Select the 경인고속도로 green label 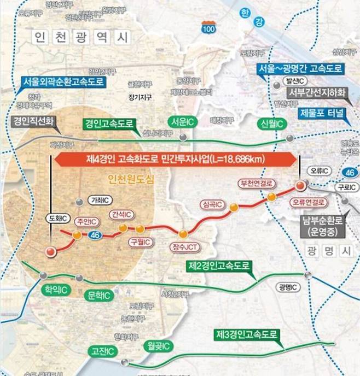tap(107, 123)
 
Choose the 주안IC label tap(87, 222)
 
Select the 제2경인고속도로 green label tap(219, 266)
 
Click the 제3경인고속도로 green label tap(245, 334)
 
